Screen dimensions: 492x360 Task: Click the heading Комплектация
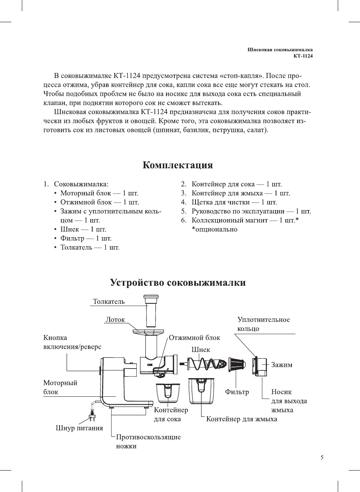pyautogui.click(x=178, y=165)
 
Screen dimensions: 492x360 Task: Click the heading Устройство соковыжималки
pyautogui.click(x=178, y=283)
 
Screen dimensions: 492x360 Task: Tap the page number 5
pyautogui.click(x=322, y=457)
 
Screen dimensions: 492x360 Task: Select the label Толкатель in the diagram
pyautogui.click(x=109, y=302)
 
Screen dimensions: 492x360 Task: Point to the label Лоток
pyautogui.click(x=115, y=320)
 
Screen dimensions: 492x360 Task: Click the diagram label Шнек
pyautogui.click(x=201, y=350)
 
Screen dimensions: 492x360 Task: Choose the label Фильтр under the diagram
pyautogui.click(x=237, y=392)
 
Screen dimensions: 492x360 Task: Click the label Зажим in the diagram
pyautogui.click(x=282, y=365)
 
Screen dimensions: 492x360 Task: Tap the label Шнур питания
pyautogui.click(x=79, y=428)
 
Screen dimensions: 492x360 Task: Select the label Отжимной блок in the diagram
pyautogui.click(x=194, y=338)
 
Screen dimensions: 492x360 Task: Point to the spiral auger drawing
pyautogui.click(x=203, y=364)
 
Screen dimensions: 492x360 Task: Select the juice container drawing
pyautogui.click(x=168, y=393)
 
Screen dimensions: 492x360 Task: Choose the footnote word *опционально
pyautogui.click(x=215, y=229)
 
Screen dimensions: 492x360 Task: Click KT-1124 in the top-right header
pyautogui.click(x=303, y=56)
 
